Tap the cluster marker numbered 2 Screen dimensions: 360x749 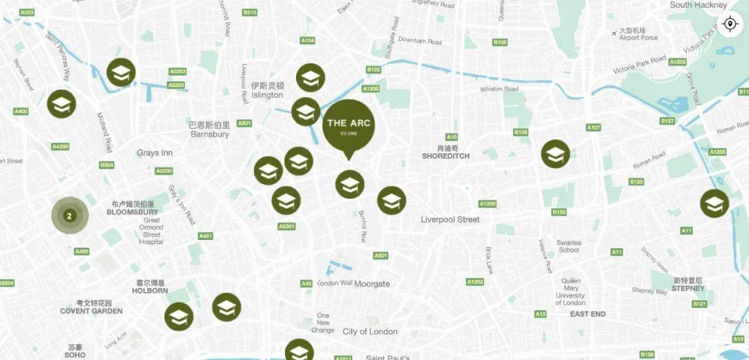69,216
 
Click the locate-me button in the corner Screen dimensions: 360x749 729,24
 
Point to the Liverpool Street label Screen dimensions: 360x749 450,219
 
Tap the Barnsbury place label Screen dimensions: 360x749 209,130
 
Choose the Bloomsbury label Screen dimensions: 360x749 132,208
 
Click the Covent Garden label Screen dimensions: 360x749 91,307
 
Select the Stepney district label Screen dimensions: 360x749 687,284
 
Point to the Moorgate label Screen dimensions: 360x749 372,284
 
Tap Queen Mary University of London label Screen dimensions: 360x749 570,291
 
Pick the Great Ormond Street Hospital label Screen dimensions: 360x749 150,231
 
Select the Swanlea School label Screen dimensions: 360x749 569,246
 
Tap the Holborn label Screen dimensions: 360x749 150,286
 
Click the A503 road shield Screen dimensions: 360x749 27,12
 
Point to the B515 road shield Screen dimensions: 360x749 250,12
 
